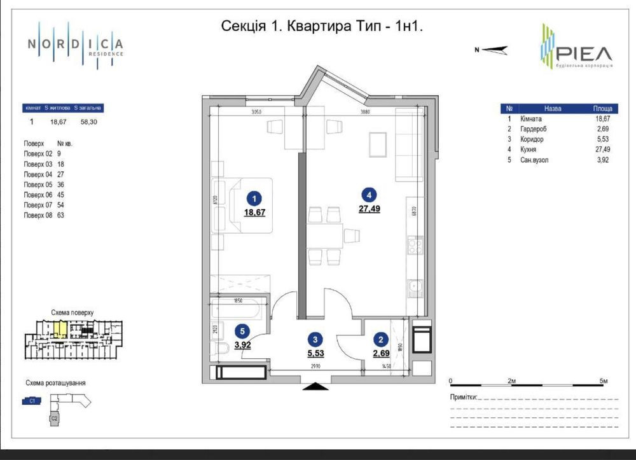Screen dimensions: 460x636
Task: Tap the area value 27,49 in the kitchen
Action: tap(369, 208)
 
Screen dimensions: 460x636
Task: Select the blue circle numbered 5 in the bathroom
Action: tap(240, 330)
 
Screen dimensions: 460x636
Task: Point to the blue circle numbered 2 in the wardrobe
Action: tap(380, 339)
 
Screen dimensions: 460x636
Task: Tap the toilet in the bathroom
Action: tap(220, 348)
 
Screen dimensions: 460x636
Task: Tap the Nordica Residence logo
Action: tap(75, 45)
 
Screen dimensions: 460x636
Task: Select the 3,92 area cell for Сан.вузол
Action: tap(602, 160)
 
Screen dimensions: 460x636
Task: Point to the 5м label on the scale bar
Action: tap(604, 380)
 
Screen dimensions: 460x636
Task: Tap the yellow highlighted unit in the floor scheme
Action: tap(59, 329)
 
